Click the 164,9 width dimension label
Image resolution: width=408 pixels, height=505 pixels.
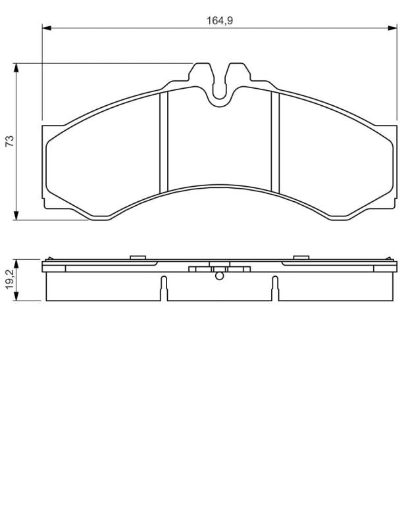point(220,20)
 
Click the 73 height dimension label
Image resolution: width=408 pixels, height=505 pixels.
point(10,141)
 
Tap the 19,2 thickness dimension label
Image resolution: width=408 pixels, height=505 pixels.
point(10,279)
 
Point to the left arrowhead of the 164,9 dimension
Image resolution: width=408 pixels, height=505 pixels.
point(47,28)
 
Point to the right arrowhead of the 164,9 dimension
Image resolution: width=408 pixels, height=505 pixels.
point(392,28)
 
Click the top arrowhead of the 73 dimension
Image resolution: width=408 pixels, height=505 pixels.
point(16,68)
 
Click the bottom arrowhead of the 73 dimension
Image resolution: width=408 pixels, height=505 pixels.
point(16,216)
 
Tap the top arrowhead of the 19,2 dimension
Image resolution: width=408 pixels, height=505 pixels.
point(16,264)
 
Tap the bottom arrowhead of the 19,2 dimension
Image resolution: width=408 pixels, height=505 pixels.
point(16,297)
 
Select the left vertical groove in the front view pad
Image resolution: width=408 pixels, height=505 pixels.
point(164,142)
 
